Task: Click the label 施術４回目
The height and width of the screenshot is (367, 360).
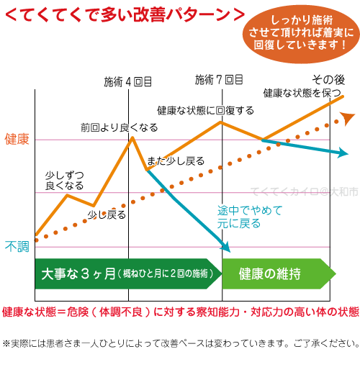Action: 128,81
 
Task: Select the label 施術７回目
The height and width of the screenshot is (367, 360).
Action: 219,79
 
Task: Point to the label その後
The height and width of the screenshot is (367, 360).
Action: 328,79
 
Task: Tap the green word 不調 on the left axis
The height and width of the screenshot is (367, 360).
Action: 17,247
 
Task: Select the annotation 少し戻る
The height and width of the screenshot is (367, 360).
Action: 107,214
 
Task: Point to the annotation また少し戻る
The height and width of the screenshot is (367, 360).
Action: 175,160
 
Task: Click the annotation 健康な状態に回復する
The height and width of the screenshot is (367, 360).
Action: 205,110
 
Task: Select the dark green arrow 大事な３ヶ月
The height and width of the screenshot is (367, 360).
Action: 126,273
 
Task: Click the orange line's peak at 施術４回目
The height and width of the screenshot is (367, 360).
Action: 132,137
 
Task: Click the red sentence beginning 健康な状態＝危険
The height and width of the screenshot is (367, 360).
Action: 180,312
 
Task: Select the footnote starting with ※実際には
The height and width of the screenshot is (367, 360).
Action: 180,343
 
